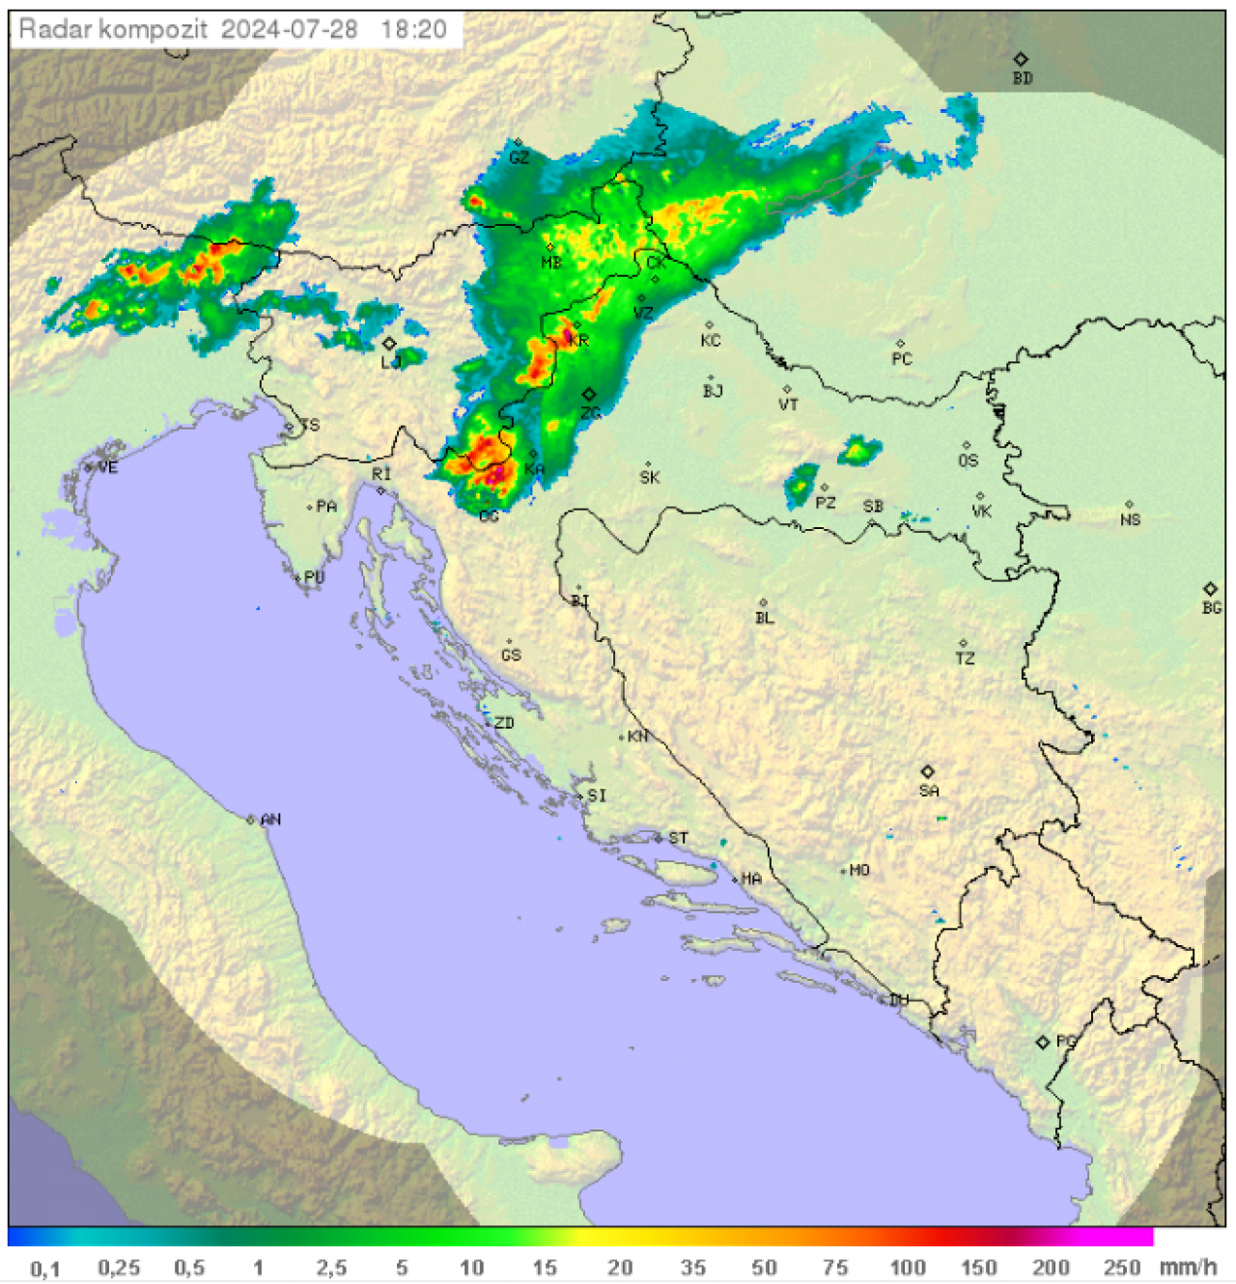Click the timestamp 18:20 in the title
(x=413, y=29)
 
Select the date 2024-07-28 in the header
(x=289, y=29)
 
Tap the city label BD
(x=1023, y=78)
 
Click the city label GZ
(x=520, y=157)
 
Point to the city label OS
(x=968, y=461)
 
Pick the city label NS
(x=1131, y=519)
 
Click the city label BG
(x=1212, y=607)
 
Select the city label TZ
(x=965, y=658)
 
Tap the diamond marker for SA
(x=928, y=771)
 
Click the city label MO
(x=859, y=871)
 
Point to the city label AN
(x=271, y=820)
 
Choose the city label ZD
(x=504, y=723)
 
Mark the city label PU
(x=314, y=577)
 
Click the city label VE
(x=108, y=468)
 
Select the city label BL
(x=765, y=618)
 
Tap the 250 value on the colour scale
(x=1122, y=1268)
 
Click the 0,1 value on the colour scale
(x=44, y=1269)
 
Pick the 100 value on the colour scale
(x=908, y=1268)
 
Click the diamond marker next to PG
(x=1042, y=1043)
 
